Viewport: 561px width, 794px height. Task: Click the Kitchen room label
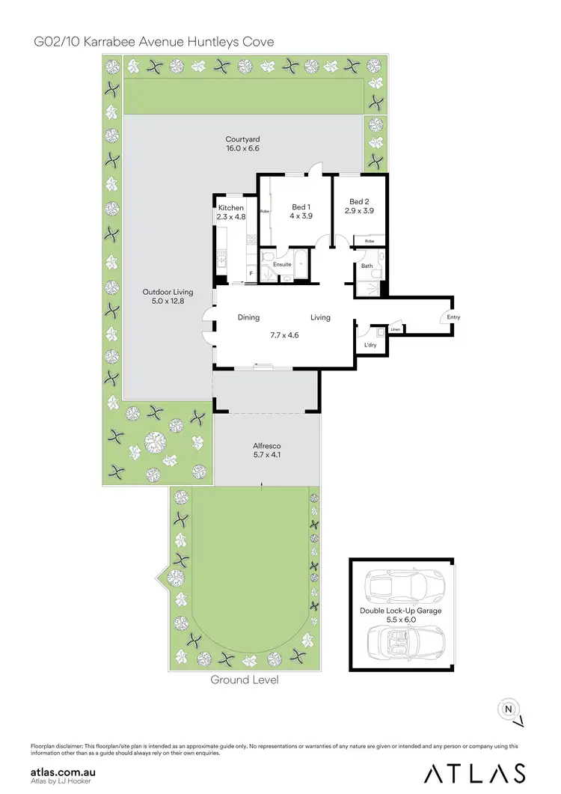(x=231, y=207)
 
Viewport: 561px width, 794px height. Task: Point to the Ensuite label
(x=282, y=264)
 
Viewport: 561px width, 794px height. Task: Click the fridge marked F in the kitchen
(x=251, y=273)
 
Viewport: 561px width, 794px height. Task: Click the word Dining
(x=248, y=317)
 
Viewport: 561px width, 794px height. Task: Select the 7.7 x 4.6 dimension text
(x=284, y=335)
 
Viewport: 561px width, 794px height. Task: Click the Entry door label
(x=453, y=317)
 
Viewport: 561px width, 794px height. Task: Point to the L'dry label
(x=370, y=345)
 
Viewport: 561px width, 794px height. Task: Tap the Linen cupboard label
(x=396, y=329)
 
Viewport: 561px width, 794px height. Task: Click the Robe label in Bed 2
(x=370, y=242)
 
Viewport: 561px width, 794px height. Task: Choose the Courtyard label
(x=242, y=139)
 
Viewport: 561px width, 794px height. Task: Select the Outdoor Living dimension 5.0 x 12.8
(x=168, y=301)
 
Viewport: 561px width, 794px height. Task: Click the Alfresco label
(x=266, y=445)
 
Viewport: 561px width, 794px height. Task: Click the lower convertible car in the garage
(x=402, y=641)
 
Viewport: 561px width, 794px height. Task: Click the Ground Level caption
(x=245, y=680)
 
